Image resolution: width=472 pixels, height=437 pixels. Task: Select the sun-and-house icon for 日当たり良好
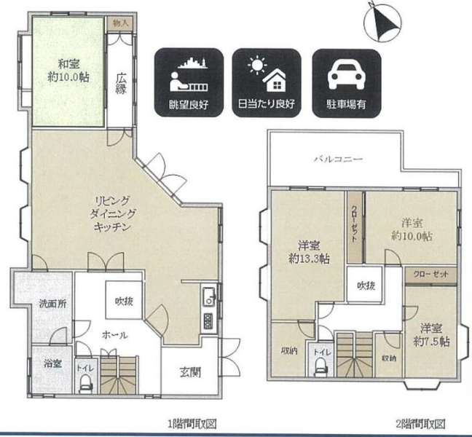pos(267,74)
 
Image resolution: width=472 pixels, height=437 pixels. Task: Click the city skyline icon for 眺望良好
pos(189,74)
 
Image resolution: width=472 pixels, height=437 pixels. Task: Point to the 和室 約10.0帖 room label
pos(68,71)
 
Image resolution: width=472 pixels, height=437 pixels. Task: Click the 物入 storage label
pos(120,23)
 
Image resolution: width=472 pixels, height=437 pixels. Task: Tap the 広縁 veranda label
pos(121,83)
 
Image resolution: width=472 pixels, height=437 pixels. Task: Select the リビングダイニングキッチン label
pos(113,213)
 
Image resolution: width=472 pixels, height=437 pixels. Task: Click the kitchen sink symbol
pos(209,296)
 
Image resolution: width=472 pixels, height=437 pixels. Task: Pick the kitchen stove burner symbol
pos(209,321)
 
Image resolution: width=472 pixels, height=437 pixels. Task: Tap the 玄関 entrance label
pos(190,373)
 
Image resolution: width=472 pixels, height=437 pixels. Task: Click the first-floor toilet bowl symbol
pos(84,383)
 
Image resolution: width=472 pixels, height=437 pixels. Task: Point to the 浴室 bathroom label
pos(52,363)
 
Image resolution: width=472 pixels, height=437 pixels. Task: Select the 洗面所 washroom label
pos(52,304)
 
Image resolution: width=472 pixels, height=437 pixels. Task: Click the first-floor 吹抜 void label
pos(124,301)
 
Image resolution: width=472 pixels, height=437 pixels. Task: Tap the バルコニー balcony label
pos(339,159)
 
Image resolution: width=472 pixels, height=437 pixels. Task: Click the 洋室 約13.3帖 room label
pos(309,252)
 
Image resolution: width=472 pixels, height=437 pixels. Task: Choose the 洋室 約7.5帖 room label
pos(431,335)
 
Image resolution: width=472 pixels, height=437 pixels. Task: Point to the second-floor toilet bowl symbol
pos(321,368)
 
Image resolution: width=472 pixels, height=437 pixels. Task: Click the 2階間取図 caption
pos(420,424)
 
